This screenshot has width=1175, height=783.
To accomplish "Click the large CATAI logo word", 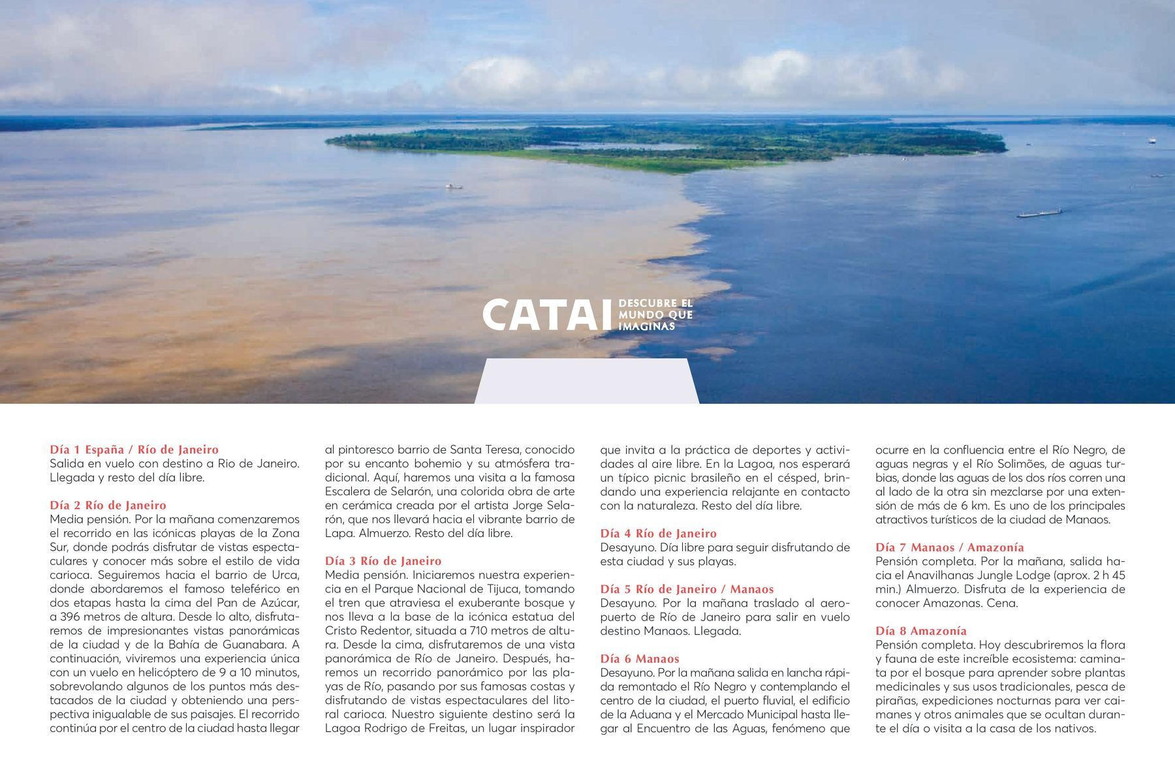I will click(547, 315).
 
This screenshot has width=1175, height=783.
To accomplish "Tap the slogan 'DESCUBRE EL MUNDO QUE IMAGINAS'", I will click(655, 315).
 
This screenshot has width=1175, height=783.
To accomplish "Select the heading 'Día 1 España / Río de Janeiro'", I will click(134, 450).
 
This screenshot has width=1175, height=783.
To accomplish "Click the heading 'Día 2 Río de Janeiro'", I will click(108, 505).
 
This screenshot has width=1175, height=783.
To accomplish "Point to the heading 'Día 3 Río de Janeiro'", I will click(383, 560).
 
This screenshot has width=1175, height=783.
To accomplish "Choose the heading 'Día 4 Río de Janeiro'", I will click(658, 533).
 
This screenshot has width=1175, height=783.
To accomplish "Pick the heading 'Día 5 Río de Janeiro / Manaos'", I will click(687, 589).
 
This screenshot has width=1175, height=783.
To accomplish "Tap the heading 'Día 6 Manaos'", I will click(640, 658).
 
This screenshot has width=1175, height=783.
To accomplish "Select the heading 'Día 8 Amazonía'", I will click(921, 630).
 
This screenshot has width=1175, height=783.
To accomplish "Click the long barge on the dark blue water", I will click(1039, 213).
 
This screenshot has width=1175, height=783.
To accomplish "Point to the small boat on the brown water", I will click(454, 187).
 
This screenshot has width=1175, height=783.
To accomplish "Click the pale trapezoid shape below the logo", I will click(587, 381).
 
